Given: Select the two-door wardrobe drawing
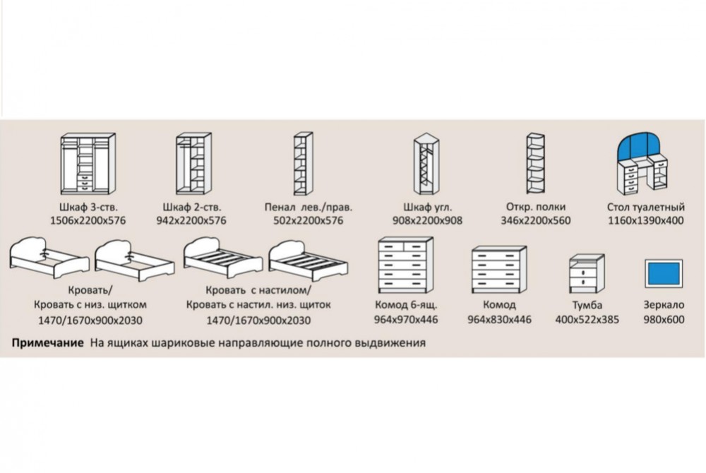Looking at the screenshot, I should (x=191, y=164).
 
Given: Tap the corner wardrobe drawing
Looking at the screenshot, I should (x=427, y=164).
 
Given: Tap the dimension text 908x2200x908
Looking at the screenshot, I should (x=427, y=221).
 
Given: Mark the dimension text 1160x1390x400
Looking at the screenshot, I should (x=645, y=221).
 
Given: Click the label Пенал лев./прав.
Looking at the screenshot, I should (x=307, y=208).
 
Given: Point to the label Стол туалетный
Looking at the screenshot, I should (x=645, y=208).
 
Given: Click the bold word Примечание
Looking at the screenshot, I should (x=47, y=344).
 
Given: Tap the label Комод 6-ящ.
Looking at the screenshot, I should (x=406, y=306).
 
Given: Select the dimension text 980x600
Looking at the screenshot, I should (x=664, y=319).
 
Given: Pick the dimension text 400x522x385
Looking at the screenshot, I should (x=587, y=319).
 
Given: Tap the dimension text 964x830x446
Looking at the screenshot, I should (x=499, y=319).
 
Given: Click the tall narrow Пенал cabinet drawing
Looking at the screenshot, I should (x=301, y=164).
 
